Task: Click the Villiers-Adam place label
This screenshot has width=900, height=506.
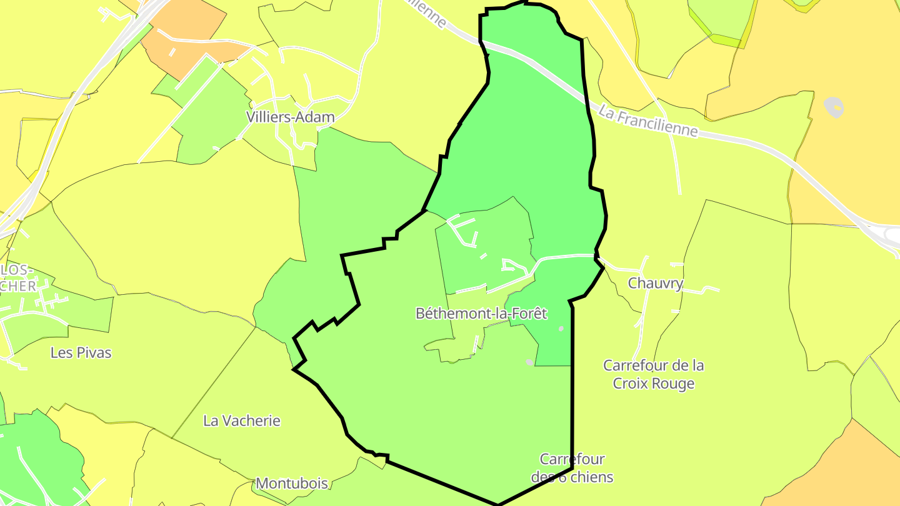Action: pyautogui.click(x=290, y=117)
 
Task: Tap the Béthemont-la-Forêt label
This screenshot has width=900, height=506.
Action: pyautogui.click(x=481, y=313)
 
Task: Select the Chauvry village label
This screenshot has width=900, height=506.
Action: pyautogui.click(x=655, y=283)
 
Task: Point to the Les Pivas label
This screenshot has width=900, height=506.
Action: pyautogui.click(x=81, y=352)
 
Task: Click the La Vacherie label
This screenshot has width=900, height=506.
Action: pyautogui.click(x=242, y=420)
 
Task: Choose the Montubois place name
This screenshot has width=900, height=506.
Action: pyautogui.click(x=292, y=484)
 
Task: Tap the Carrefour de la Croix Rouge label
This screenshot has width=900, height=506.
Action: pyautogui.click(x=654, y=374)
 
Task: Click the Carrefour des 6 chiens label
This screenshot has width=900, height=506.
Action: pyautogui.click(x=572, y=468)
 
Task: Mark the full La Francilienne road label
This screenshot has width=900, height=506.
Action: pyautogui.click(x=647, y=121)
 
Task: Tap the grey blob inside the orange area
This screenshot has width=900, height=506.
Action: pyautogui.click(x=834, y=107)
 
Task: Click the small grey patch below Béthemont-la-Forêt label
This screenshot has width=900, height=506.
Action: pyautogui.click(x=530, y=362)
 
